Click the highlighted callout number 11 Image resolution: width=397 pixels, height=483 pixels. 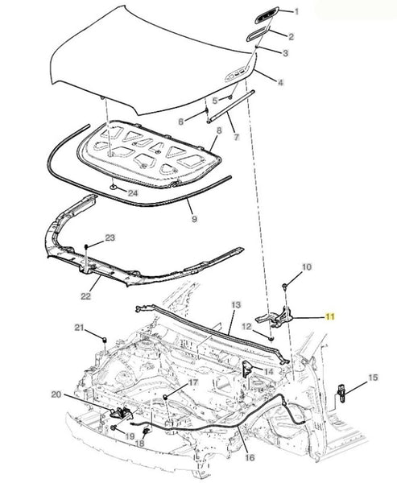coord(330,316)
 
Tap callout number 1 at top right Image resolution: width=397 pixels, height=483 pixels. coord(296,12)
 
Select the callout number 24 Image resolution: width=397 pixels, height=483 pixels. coord(133,193)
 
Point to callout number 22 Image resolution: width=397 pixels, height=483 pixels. coord(85,296)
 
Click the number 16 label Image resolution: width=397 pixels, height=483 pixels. coord(250,457)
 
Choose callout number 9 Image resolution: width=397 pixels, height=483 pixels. coord(194,219)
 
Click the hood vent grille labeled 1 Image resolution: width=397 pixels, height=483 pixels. coord(267,14)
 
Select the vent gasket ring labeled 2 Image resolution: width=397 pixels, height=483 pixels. coord(258,34)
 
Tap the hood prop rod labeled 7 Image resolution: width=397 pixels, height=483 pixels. coord(230,106)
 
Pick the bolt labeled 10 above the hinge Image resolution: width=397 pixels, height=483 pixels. coord(284,287)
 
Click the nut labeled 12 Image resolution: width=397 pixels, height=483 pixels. coord(271,339)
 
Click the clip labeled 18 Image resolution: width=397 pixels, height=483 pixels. coord(146,431)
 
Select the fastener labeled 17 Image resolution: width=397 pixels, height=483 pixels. coord(165,396)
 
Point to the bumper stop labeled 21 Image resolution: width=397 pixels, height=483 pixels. coord(105,340)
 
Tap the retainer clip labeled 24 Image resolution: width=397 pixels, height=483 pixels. coord(114,187)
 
